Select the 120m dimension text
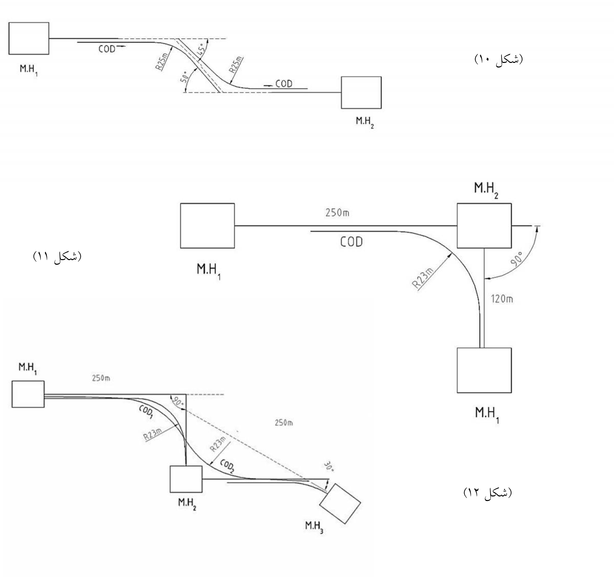click(x=502, y=299)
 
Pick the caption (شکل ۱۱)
click(x=57, y=256)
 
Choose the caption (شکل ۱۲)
click(x=488, y=492)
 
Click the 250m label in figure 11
click(x=337, y=213)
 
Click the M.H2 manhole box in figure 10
click(x=361, y=93)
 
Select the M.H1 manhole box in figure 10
click(x=29, y=38)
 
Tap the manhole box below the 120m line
click(x=484, y=370)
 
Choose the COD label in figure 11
click(x=351, y=242)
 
